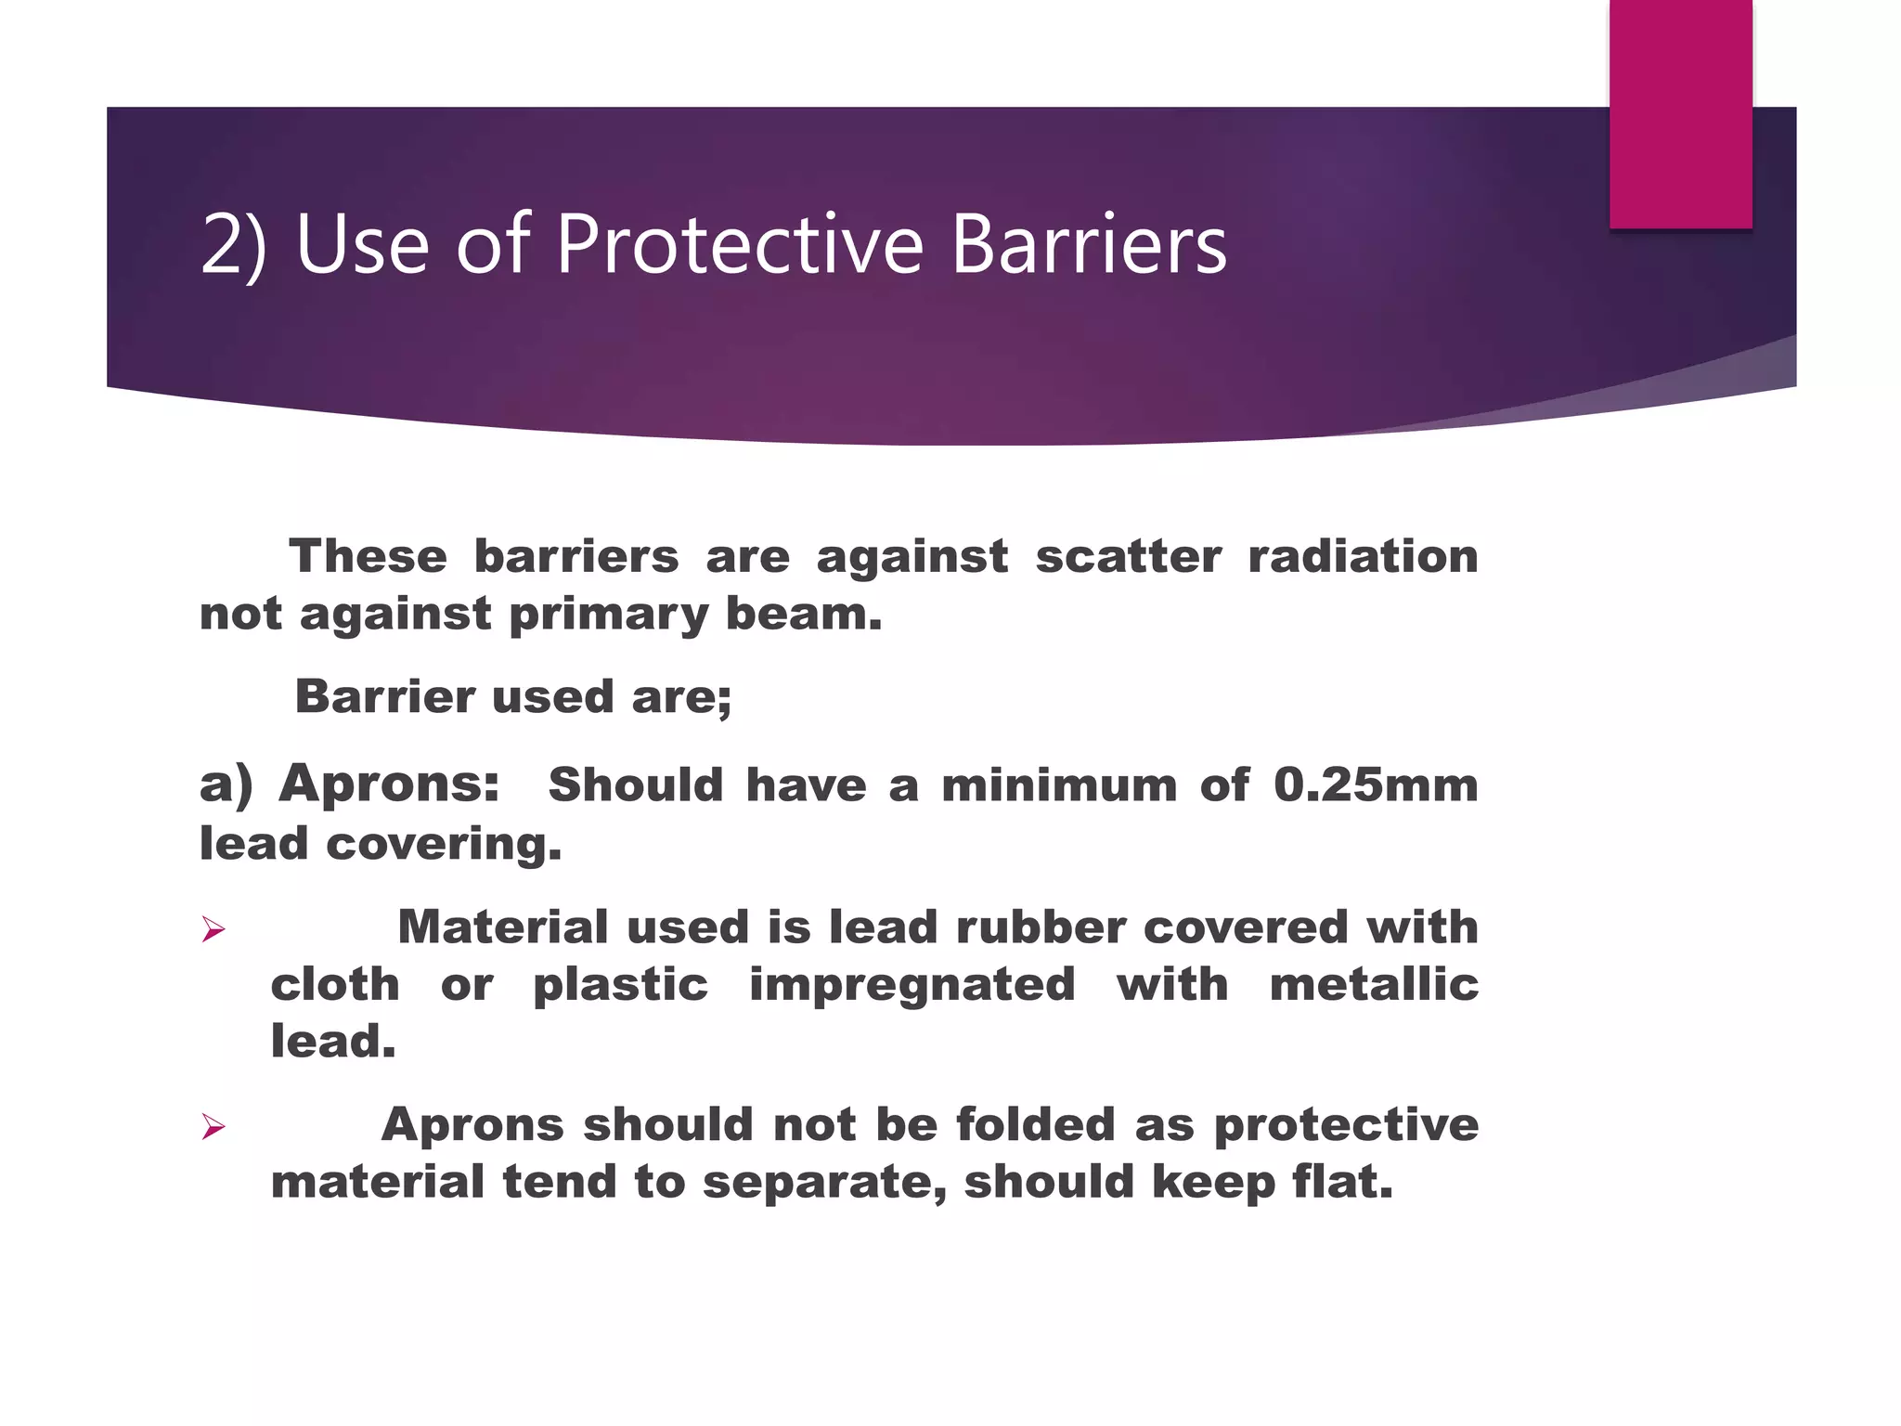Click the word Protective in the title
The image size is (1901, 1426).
pyautogui.click(x=740, y=244)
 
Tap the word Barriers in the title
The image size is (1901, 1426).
pyautogui.click(x=1089, y=244)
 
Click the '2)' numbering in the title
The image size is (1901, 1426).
pyautogui.click(x=233, y=244)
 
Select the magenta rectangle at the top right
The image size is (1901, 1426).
pyautogui.click(x=1680, y=113)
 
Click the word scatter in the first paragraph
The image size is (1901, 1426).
pyautogui.click(x=1128, y=557)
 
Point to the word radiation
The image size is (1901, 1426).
pyautogui.click(x=1363, y=557)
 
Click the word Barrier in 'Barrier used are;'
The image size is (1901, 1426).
pyautogui.click(x=384, y=696)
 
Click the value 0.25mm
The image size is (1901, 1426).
pyautogui.click(x=1375, y=785)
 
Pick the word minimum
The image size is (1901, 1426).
pyautogui.click(x=1059, y=785)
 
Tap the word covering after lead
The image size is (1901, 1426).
pyautogui.click(x=444, y=844)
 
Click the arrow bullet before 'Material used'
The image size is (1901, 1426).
pyautogui.click(x=213, y=929)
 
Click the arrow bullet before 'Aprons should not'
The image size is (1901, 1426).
pyautogui.click(x=213, y=1127)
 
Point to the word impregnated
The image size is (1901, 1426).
pyautogui.click(x=912, y=985)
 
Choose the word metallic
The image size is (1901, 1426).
pyautogui.click(x=1374, y=985)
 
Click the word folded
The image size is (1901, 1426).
pyautogui.click(x=1035, y=1125)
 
